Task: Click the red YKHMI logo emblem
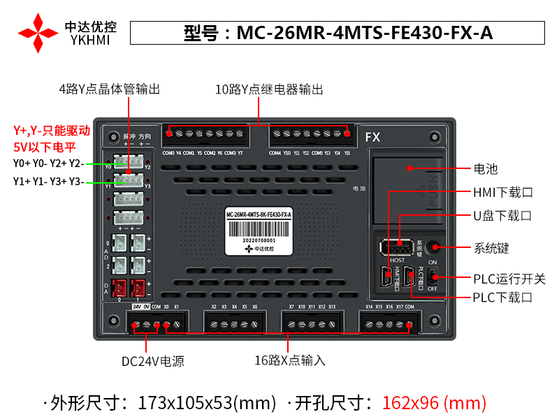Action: click(38, 33)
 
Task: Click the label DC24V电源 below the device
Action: click(153, 361)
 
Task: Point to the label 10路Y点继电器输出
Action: click(269, 89)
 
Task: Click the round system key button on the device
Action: click(435, 247)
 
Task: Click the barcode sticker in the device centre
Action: click(259, 228)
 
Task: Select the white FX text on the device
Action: click(372, 138)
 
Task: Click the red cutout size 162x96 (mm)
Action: click(434, 402)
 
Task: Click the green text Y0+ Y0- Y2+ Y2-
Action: click(49, 163)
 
